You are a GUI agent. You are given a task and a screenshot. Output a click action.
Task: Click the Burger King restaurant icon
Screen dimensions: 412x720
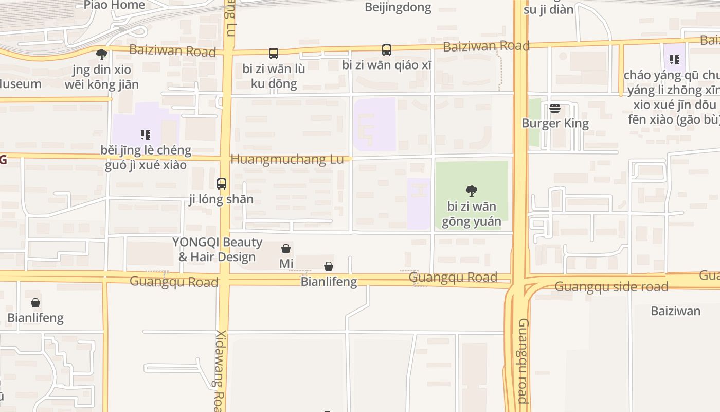[554, 108]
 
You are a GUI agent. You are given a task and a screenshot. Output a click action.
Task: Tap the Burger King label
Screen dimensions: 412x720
[555, 123]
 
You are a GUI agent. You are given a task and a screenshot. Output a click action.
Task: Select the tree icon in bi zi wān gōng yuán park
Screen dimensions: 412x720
[471, 191]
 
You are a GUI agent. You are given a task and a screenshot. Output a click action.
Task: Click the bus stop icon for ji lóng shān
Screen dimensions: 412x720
[222, 183]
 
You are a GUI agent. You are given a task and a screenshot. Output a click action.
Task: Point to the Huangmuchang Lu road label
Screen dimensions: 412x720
[286, 160]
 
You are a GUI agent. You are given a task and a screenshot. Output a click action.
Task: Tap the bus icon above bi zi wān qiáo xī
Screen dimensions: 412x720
[387, 50]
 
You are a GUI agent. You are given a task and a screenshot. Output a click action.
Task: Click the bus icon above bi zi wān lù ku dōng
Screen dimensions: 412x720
[274, 53]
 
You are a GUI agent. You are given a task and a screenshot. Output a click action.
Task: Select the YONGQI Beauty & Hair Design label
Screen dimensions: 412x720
[217, 249]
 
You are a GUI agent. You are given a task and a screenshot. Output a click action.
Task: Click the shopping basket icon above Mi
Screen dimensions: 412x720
[286, 249]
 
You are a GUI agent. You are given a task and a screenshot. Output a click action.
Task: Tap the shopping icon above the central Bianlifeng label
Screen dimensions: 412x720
[329, 266]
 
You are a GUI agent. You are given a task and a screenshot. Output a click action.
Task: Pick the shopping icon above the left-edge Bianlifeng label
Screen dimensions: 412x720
[35, 303]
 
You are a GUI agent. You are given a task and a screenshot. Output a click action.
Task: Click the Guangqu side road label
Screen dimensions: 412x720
[611, 287]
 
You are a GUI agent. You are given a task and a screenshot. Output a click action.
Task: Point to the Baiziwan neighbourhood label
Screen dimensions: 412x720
[675, 311]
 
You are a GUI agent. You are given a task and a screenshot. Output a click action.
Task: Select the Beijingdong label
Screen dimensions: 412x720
[398, 7]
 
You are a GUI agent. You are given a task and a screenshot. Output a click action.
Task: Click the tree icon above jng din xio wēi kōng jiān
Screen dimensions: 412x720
[102, 54]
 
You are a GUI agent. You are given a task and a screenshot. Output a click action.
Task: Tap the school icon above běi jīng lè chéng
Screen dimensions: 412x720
[146, 135]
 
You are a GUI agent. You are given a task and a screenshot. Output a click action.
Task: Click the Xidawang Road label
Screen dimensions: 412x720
[220, 370]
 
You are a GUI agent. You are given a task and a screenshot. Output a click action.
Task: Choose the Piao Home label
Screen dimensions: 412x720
[114, 5]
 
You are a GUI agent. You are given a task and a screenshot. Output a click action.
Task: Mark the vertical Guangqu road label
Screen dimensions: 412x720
[523, 360]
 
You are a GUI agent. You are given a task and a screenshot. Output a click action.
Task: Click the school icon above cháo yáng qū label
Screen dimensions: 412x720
[675, 60]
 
